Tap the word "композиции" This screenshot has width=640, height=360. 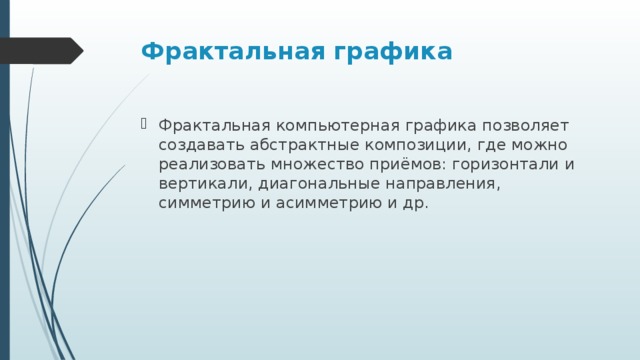(x=421, y=145)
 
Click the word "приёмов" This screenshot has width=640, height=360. (x=412, y=165)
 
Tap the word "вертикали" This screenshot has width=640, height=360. (x=203, y=184)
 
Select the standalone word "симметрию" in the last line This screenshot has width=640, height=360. (x=202, y=203)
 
